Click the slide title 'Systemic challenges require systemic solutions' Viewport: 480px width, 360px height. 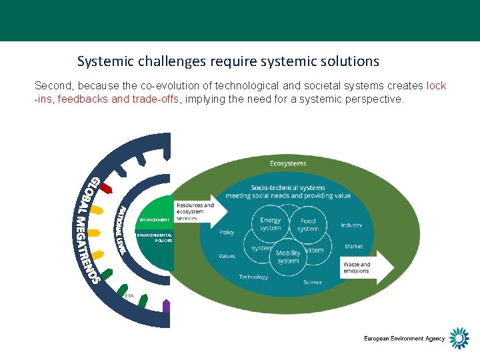click(x=228, y=61)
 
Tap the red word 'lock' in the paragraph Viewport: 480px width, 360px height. click(x=436, y=86)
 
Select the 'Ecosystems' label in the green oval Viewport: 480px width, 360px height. click(x=288, y=163)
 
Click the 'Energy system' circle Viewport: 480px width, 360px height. click(x=270, y=224)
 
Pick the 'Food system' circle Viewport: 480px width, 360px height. click(x=308, y=224)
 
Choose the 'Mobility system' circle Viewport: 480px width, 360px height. click(x=288, y=257)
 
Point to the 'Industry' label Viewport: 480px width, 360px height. click(x=351, y=225)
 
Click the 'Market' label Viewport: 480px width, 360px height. click(x=354, y=247)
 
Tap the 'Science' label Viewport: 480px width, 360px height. click(x=313, y=282)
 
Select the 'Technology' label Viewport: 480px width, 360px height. click(x=253, y=277)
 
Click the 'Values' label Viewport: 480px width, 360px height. click(x=227, y=256)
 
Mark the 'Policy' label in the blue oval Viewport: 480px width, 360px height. click(x=227, y=233)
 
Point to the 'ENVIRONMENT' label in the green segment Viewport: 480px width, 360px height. click(x=155, y=220)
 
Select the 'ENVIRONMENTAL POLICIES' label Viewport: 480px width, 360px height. click(x=155, y=237)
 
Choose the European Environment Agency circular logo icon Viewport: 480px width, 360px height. click(x=459, y=338)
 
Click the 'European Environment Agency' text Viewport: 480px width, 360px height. click(x=404, y=339)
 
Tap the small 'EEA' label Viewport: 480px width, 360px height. click(x=129, y=294)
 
